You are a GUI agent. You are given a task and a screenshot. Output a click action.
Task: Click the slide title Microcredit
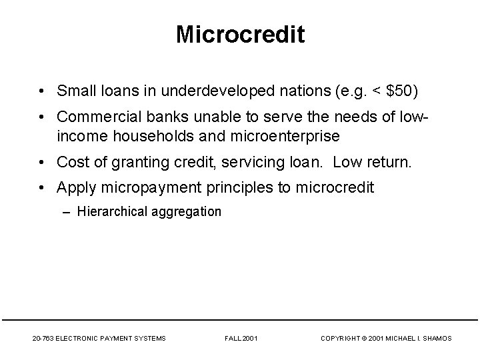[240, 35]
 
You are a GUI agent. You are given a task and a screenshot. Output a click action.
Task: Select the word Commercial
[95, 117]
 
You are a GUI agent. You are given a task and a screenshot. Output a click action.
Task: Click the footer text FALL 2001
[240, 339]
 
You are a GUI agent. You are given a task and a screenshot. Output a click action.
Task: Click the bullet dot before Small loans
[41, 90]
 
